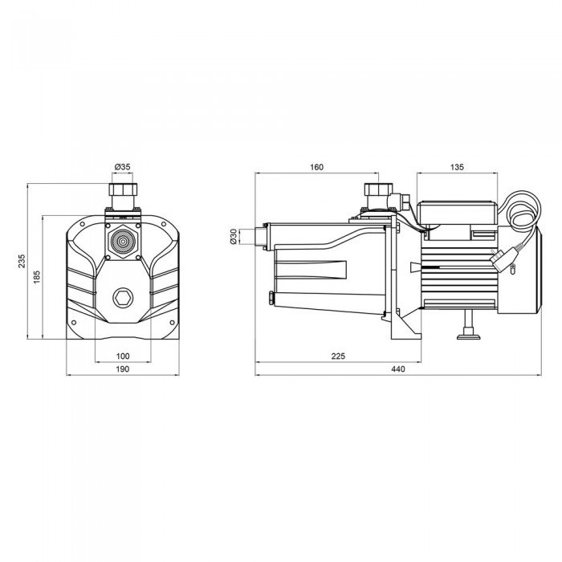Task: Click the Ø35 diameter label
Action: [123, 167]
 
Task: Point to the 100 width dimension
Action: [123, 356]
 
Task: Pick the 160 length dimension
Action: [316, 167]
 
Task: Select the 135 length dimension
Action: [458, 167]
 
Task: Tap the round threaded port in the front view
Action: [123, 239]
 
